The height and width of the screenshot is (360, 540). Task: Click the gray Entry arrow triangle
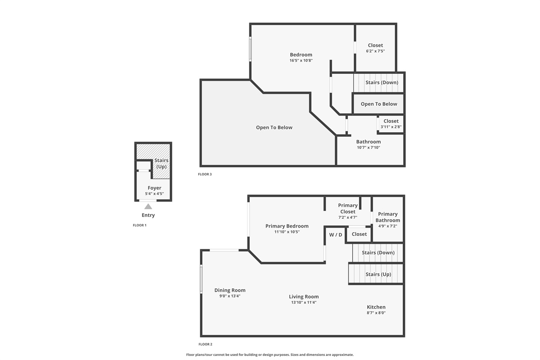coord(148,207)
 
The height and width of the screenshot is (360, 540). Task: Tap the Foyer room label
coord(154,188)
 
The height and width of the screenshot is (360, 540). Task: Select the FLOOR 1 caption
coord(139,225)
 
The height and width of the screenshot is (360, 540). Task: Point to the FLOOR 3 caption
coord(205,174)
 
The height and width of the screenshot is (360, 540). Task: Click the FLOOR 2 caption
coord(205,344)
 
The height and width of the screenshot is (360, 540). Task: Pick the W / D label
coord(336,235)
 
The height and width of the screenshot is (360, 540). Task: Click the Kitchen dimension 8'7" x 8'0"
coord(376,313)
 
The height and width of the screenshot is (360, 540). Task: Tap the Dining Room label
coord(230,290)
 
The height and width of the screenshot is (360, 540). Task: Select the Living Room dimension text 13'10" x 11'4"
coord(304,302)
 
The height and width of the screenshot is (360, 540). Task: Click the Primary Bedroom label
coord(287,226)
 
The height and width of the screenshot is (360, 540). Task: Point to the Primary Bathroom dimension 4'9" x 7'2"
coord(387,226)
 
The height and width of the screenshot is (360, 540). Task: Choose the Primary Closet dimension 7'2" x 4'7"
coord(348,217)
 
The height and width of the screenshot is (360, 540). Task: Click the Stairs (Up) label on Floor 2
coord(378,274)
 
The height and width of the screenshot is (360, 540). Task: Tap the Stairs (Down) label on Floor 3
coord(382,82)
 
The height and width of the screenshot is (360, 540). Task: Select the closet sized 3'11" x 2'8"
coord(391,124)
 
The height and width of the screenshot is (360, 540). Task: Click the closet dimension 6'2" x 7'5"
coord(375,51)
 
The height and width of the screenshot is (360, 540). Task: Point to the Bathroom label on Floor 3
coord(369,142)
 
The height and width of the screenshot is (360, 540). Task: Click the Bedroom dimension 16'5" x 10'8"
coord(301,60)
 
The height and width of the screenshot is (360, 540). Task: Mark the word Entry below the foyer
coord(148,215)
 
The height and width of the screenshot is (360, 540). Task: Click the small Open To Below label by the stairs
coord(379,104)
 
